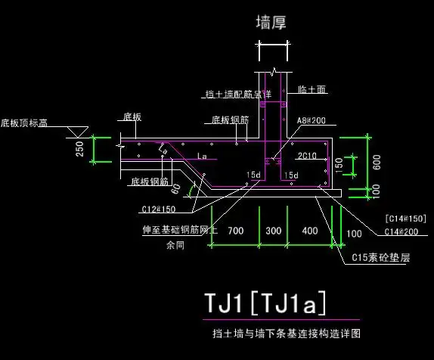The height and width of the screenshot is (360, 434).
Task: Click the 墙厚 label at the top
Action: [271, 24]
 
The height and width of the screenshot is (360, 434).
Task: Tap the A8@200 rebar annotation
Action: [311, 120]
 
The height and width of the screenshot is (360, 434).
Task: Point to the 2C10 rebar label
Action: [306, 157]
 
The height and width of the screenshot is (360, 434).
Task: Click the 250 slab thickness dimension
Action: [80, 150]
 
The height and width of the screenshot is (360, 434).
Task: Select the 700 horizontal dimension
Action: [235, 230]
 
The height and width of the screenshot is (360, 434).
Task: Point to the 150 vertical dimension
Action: [339, 163]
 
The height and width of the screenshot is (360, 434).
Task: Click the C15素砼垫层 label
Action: [381, 258]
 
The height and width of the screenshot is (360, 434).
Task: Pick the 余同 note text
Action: [175, 244]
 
